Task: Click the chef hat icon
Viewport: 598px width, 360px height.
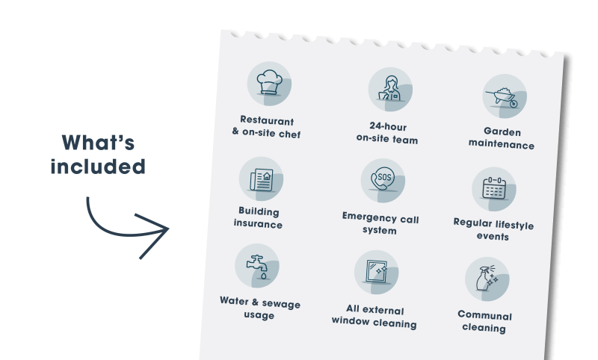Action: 269,82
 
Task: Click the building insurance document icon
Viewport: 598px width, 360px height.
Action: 262,180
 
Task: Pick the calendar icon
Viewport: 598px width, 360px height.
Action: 494,188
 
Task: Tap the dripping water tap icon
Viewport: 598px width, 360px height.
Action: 258,267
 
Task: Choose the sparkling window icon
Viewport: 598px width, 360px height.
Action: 376,272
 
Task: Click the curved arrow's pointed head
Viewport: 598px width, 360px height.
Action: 168,229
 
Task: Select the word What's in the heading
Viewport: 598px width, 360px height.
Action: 98,143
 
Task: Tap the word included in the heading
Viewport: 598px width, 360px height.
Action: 98,167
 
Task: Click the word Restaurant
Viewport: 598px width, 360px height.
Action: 267,120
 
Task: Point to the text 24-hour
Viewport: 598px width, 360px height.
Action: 388,126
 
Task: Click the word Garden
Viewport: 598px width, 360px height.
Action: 502,131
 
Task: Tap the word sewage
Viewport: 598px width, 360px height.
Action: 281,304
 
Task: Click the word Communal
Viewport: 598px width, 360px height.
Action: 484,315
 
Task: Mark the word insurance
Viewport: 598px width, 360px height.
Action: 258,223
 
